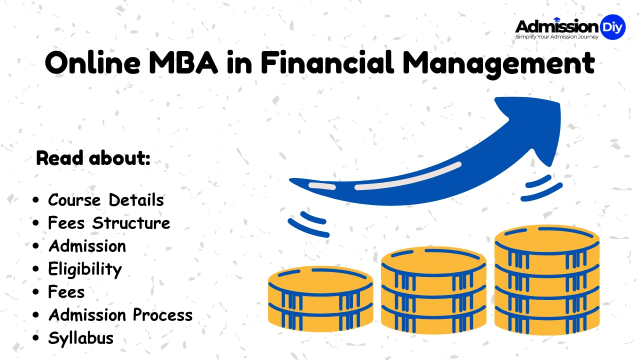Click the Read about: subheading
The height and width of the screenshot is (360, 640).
coord(93,158)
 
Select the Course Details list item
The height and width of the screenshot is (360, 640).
coord(106,200)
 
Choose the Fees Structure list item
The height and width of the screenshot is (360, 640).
coord(109,223)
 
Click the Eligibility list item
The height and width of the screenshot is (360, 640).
coord(85,269)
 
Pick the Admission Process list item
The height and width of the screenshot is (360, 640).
coord(120,315)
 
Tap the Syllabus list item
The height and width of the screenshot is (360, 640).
coord(81,338)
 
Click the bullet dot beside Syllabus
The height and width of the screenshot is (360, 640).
coord(35,338)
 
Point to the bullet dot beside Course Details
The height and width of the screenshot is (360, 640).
coord(35,200)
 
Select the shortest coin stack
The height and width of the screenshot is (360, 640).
coord(320,300)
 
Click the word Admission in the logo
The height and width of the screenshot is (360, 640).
coord(556,26)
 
